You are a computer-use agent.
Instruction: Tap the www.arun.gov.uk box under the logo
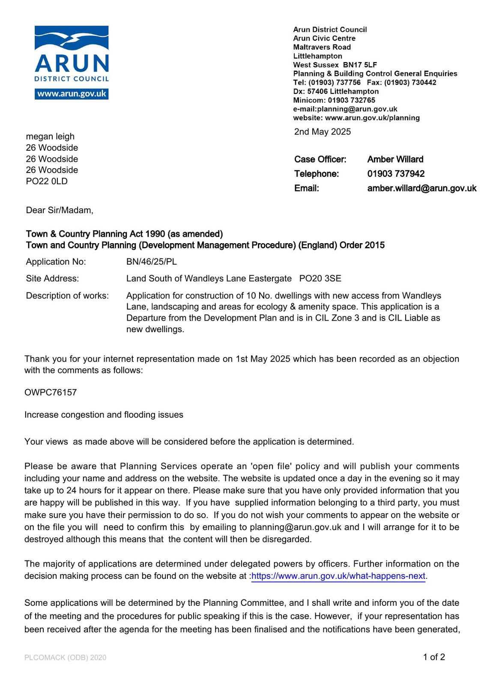(72, 94)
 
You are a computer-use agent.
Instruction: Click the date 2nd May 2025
(322, 132)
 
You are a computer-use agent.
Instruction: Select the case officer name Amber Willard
(395, 159)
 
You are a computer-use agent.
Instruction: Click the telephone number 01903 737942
(396, 174)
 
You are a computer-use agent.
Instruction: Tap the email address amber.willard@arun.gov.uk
(421, 188)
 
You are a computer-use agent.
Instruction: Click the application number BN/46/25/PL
(151, 262)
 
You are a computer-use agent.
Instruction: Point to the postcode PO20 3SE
(320, 279)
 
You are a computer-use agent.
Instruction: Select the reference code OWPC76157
(51, 393)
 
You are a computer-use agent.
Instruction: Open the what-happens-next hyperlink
(338, 576)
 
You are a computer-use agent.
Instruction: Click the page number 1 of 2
(434, 657)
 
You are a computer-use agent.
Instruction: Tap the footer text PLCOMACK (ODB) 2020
(65, 658)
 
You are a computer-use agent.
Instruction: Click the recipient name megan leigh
(50, 137)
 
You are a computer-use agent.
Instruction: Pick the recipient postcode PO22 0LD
(47, 181)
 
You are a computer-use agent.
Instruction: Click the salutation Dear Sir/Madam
(59, 210)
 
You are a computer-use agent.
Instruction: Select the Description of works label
(67, 296)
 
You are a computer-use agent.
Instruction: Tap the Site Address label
(52, 279)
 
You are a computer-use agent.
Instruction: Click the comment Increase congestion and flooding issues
(104, 415)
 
